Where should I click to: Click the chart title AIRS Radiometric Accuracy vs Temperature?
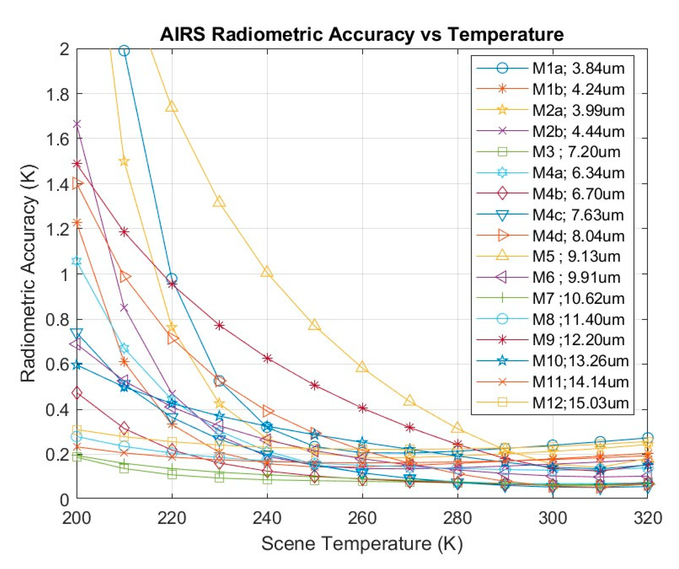click(362, 34)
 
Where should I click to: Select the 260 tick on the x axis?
click(362, 518)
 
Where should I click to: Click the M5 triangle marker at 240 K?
click(267, 272)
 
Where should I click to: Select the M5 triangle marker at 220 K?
click(172, 106)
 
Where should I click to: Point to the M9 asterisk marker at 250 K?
click(315, 385)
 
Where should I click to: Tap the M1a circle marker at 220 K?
click(172, 278)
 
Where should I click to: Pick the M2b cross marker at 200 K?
click(77, 124)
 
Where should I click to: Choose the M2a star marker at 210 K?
click(124, 161)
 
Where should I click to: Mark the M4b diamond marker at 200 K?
click(77, 394)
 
